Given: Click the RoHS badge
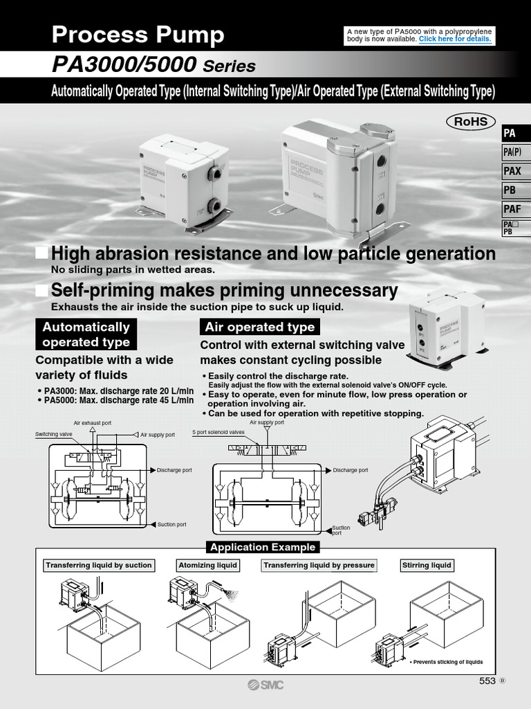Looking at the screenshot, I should click(471, 122).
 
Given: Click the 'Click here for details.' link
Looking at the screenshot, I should click(455, 39).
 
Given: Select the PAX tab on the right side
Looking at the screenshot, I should click(512, 171).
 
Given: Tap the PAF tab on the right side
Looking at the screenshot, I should click(512, 208).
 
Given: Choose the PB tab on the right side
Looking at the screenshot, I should click(512, 190).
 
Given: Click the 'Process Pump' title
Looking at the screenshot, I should click(138, 35).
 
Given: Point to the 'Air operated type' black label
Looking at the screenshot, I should click(259, 327).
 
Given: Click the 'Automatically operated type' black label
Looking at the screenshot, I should click(86, 334).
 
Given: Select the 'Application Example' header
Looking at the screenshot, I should click(263, 547).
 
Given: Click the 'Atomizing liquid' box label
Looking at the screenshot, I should click(207, 565).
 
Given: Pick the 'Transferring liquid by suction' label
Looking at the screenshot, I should click(98, 565).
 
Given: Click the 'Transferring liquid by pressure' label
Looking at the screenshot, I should click(319, 565).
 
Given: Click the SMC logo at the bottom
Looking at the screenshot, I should click(265, 685).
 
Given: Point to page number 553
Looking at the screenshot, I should click(487, 681).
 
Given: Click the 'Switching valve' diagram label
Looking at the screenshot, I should click(54, 434).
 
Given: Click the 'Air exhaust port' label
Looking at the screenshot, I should click(92, 422).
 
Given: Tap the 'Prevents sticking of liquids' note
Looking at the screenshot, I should click(447, 662).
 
